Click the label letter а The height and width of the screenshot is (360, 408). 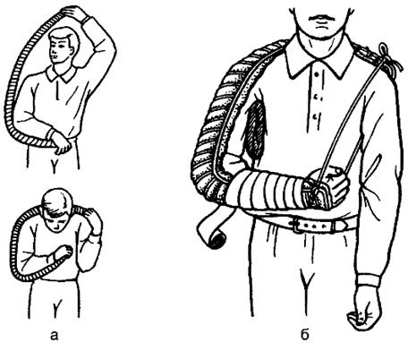click(54, 336)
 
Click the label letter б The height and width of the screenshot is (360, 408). click(304, 335)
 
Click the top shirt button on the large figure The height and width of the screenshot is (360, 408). click(316, 74)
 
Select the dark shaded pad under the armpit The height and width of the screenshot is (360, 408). click(254, 127)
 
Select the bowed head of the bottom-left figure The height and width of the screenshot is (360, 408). click(57, 209)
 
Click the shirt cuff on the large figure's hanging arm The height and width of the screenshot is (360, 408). click(369, 280)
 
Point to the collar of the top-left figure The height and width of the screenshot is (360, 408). click(61, 74)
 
